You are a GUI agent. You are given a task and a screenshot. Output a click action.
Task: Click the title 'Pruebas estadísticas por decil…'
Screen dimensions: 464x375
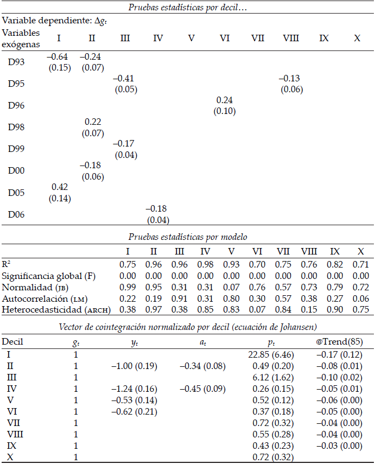pyautogui.click(x=187, y=8)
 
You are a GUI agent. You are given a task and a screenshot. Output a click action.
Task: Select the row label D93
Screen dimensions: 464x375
pyautogui.click(x=16, y=62)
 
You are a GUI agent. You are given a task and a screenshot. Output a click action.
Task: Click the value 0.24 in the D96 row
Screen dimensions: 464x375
pyautogui.click(x=225, y=100)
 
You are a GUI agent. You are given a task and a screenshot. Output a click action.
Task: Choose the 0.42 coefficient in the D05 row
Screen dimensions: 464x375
pyautogui.click(x=60, y=187)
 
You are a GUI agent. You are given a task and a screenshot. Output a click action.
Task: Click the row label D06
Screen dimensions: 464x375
pyautogui.click(x=16, y=215)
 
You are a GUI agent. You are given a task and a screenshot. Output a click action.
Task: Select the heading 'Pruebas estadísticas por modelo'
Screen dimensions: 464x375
pyautogui.click(x=187, y=237)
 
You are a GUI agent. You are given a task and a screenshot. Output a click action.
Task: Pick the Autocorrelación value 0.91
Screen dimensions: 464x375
pyautogui.click(x=180, y=298)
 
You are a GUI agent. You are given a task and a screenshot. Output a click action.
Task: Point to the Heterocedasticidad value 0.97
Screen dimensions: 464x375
pyautogui.click(x=154, y=310)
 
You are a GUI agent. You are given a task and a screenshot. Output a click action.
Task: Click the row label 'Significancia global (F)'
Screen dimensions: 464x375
pyautogui.click(x=49, y=276)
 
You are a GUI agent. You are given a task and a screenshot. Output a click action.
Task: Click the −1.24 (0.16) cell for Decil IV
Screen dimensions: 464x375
pyautogui.click(x=134, y=389)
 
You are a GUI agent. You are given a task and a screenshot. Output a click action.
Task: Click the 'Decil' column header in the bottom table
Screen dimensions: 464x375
pyautogui.click(x=12, y=342)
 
